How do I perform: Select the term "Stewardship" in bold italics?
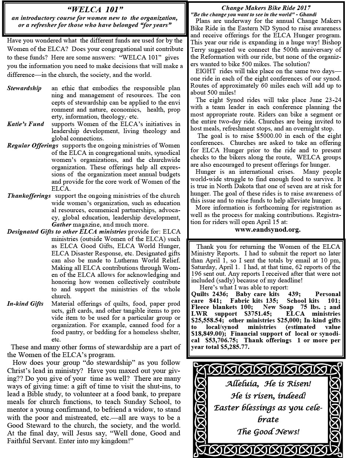click(24, 88)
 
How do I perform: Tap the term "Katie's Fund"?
click(25, 124)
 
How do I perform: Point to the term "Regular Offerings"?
click(33, 146)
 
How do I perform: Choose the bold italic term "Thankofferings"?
click(29, 196)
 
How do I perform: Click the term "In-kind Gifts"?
click(25, 303)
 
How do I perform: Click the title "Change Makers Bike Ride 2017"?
click(266, 7)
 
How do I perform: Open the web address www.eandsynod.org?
click(268, 229)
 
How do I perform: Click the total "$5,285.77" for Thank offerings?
click(235, 347)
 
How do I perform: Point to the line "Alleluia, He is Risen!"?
click(268, 384)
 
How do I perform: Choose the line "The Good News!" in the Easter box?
click(268, 431)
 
